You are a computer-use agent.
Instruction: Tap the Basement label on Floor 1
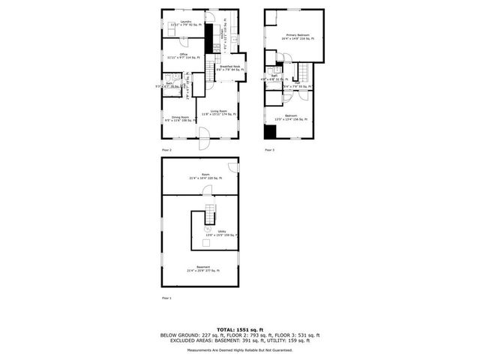point(203,268)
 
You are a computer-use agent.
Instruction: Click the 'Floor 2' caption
point(165,151)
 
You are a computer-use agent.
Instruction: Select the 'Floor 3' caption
point(269,151)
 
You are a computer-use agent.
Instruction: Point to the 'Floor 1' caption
point(165,298)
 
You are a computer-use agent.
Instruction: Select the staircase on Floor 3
point(303,73)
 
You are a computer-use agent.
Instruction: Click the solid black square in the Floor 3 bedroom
point(268,131)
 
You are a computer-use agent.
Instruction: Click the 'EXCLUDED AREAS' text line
point(240,340)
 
